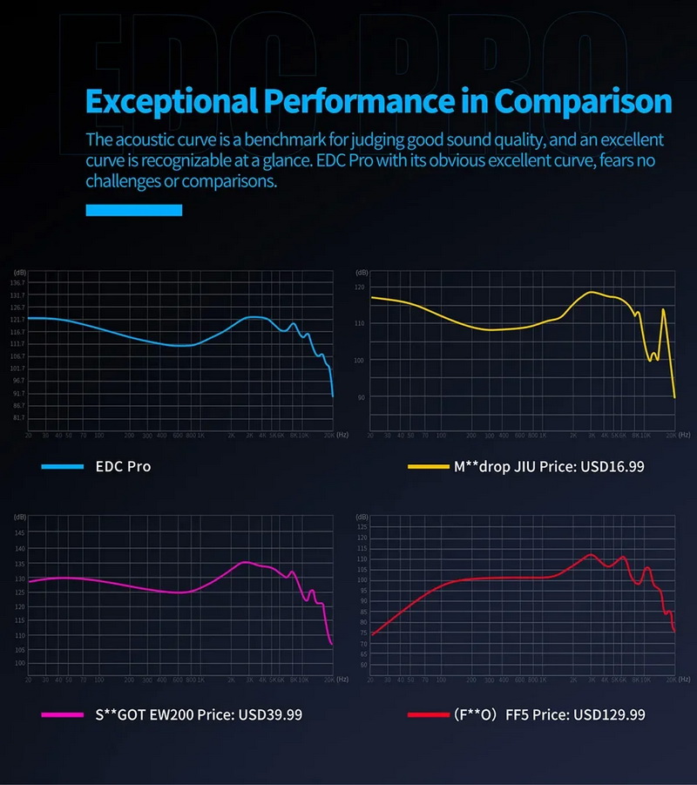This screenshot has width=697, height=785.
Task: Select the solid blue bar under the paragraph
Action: click(133, 210)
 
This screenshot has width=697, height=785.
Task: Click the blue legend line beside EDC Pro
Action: click(62, 467)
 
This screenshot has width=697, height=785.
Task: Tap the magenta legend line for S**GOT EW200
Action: click(62, 714)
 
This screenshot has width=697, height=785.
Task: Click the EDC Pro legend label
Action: click(123, 467)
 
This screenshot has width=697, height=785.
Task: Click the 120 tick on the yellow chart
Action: click(361, 287)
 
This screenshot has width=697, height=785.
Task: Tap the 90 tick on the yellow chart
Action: click(361, 397)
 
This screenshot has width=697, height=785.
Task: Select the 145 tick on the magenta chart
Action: click(19, 533)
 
